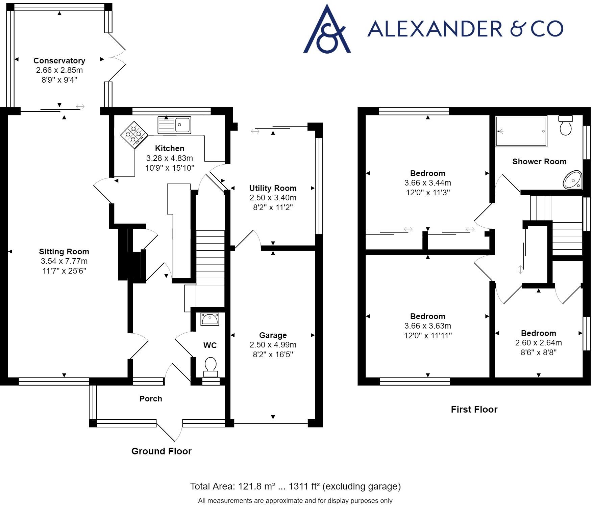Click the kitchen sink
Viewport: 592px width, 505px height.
[174, 125]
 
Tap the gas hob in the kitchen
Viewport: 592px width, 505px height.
[134, 135]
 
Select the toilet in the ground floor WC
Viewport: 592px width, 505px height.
[210, 367]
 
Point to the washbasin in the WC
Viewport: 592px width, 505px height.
[210, 319]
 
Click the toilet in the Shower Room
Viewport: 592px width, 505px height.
[566, 125]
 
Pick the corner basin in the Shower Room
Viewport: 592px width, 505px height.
[573, 180]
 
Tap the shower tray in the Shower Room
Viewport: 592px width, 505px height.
[521, 131]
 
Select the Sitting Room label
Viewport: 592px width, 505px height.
[64, 252]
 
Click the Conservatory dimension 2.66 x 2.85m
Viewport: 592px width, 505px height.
[59, 70]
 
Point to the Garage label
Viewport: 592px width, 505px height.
[273, 335]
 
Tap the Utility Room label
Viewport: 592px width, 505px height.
[273, 188]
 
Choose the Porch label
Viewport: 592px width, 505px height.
[151, 399]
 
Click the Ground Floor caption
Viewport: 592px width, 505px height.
[162, 451]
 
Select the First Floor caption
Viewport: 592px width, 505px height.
[474, 410]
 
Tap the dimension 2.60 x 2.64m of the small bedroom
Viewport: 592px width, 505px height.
[539, 343]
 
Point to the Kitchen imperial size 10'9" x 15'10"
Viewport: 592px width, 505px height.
[170, 168]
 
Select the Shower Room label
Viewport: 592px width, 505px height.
[540, 162]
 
